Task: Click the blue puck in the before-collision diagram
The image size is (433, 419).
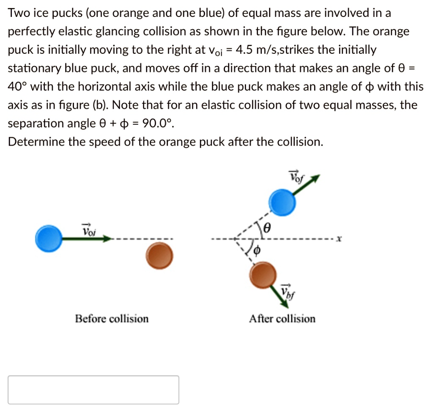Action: pos(49,239)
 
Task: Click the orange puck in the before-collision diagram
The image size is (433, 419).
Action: pos(159,256)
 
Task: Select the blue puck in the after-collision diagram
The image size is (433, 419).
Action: pos(283,202)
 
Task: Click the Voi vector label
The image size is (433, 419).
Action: pos(89,230)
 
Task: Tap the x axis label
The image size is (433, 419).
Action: pos(339,239)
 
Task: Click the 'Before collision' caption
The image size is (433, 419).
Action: pos(112,318)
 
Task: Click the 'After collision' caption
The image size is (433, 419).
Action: pos(282,318)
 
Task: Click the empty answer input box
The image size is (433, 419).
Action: pos(93,390)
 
